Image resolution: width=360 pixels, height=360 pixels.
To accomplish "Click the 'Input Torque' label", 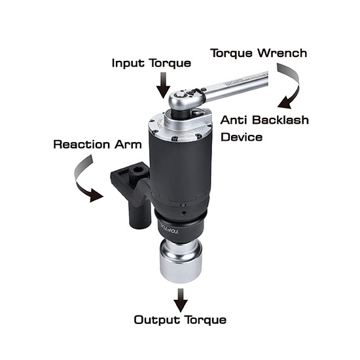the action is (151, 63).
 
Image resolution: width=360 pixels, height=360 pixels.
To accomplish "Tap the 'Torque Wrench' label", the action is (259, 53).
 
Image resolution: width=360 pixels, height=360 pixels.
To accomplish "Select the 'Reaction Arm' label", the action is (98, 145).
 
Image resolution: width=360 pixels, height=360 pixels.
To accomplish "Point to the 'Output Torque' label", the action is (180, 320).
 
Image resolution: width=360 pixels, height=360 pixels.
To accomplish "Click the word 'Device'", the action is (242, 137).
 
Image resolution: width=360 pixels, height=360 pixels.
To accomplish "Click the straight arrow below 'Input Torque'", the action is (163, 85).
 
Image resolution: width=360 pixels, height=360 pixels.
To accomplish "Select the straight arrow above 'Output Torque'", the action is (181, 300).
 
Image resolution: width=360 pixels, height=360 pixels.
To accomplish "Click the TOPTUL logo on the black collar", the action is (170, 230).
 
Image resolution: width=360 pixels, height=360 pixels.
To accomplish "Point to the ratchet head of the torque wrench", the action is (186, 98).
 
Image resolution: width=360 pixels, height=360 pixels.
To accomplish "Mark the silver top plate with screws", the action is (180, 128).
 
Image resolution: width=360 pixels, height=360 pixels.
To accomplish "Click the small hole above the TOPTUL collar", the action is (183, 213).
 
